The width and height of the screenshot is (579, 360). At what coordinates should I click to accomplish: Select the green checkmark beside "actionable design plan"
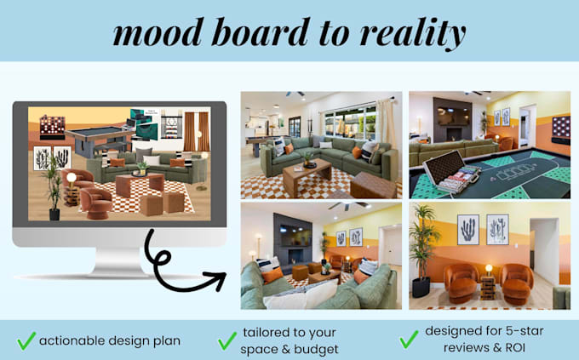tap(26, 340)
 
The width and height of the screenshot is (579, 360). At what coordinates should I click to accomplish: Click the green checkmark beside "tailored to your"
tap(227, 340)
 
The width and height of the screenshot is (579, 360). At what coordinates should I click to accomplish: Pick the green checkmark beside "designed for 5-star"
tap(410, 340)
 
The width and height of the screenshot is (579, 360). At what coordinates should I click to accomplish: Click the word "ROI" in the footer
tap(513, 348)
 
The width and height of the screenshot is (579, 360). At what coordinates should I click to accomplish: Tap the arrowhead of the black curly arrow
tap(218, 280)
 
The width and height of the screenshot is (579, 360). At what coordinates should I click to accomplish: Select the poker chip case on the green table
tap(450, 173)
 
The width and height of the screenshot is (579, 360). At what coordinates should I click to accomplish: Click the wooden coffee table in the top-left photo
tap(307, 177)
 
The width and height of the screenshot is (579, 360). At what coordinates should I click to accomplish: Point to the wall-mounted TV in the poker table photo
tap(452, 116)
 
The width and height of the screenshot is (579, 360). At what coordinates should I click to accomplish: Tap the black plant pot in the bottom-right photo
tap(421, 288)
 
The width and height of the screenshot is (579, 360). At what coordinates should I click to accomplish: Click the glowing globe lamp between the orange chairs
tap(489, 268)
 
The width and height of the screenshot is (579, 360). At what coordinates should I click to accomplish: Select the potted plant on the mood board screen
tap(54, 189)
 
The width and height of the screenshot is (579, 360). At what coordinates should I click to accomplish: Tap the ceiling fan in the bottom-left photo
tap(348, 204)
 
